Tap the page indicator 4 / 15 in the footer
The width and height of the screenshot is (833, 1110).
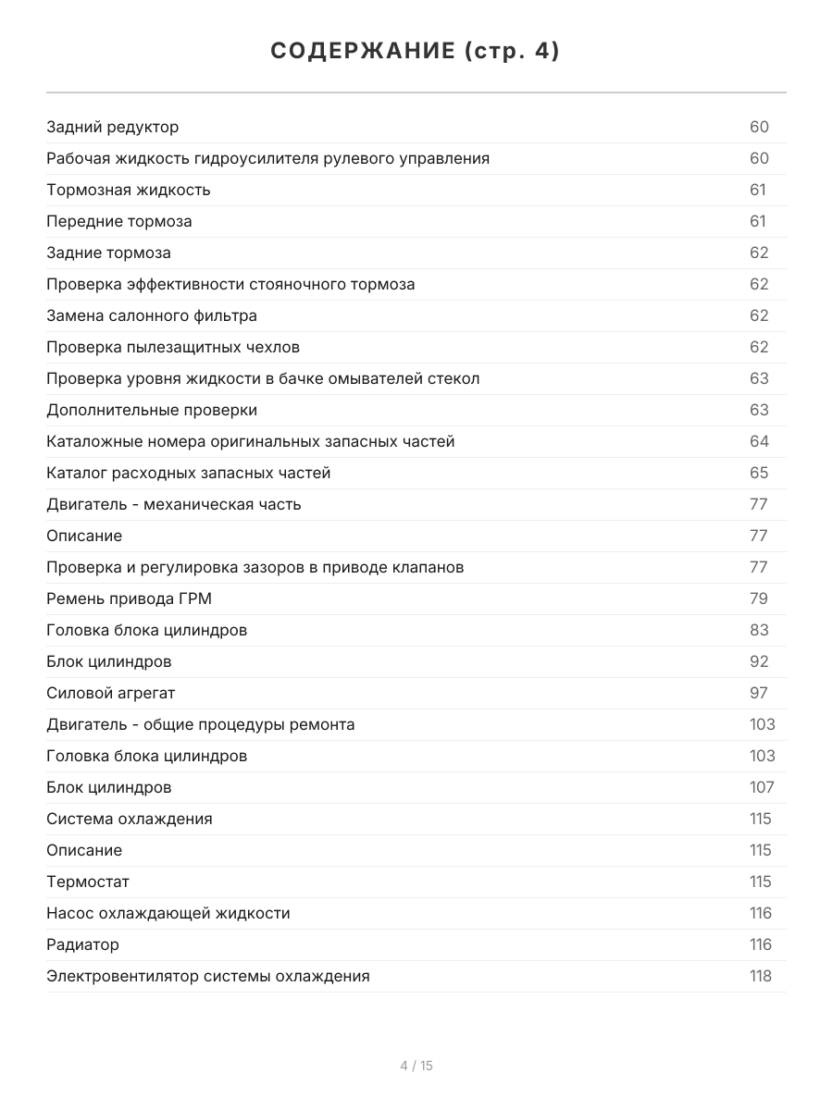tap(416, 1066)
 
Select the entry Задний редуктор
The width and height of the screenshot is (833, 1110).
tap(113, 127)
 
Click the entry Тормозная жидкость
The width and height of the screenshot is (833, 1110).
tap(129, 190)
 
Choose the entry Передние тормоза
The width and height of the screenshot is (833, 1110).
tap(119, 221)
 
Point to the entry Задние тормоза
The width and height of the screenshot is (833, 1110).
tap(108, 253)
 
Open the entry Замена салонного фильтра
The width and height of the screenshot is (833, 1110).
tap(152, 315)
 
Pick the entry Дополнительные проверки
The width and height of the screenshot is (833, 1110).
tap(152, 410)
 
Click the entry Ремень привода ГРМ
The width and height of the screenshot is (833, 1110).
tap(129, 598)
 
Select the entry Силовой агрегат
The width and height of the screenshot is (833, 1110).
tap(110, 693)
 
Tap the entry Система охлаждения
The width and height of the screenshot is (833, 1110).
tap(130, 819)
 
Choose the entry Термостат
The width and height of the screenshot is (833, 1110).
tap(88, 882)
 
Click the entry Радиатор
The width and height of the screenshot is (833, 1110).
tap(82, 944)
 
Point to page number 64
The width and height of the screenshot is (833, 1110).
tap(759, 441)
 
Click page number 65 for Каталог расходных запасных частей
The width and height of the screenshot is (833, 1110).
tap(759, 473)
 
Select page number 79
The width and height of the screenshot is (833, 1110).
tap(759, 598)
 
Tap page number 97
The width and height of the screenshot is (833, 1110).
tap(759, 693)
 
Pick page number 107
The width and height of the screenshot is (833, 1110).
tap(762, 787)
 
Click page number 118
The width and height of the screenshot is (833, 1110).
tap(760, 976)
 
